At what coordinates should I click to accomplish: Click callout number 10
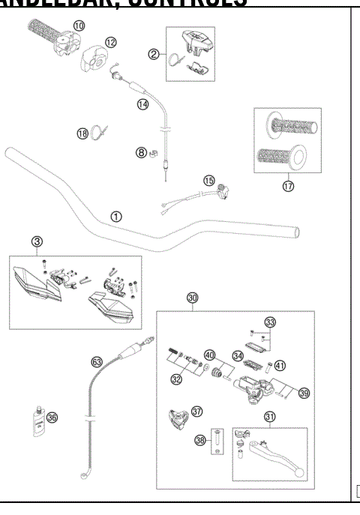(x=79, y=25)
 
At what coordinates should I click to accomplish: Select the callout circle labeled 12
(x=111, y=43)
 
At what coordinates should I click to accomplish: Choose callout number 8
(x=141, y=152)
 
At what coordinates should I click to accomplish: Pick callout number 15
(x=209, y=181)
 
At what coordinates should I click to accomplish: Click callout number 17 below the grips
(x=288, y=186)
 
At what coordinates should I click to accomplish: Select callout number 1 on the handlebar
(x=115, y=216)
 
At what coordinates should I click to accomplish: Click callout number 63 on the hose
(x=97, y=361)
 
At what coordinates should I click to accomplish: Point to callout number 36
(x=52, y=418)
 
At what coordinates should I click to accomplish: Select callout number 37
(x=197, y=412)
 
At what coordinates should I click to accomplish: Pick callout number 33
(x=270, y=322)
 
